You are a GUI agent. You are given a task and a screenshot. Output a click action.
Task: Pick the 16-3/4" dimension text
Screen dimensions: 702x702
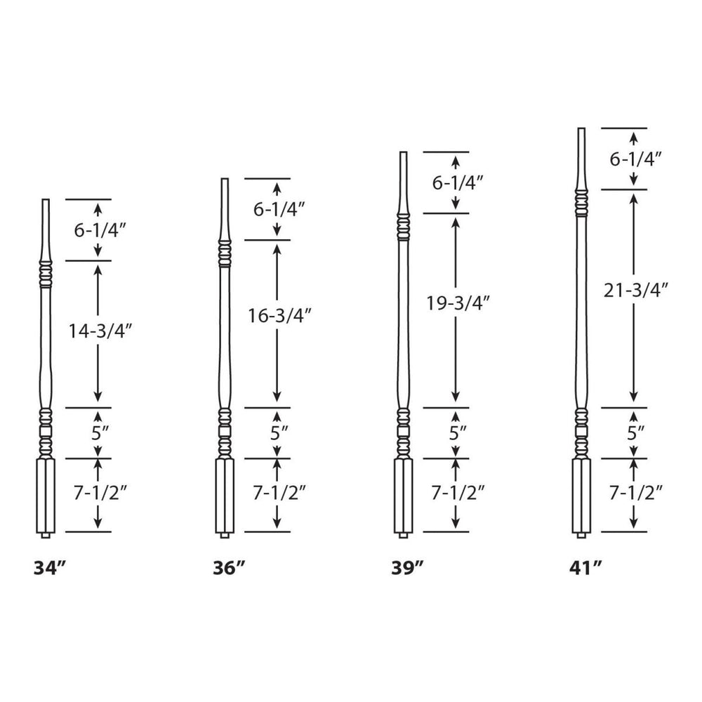[x=278, y=317]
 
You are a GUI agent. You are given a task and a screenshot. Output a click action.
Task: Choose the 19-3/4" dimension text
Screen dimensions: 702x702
[x=457, y=303]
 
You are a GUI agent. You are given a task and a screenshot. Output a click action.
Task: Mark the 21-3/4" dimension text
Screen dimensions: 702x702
[x=635, y=290]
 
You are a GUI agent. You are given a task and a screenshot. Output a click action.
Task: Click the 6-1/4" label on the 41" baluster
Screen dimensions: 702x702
[x=636, y=160]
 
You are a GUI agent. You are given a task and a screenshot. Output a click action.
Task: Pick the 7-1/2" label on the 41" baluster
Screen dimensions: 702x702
[x=636, y=494]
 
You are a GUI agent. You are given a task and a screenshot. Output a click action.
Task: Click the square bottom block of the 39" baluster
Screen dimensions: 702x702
[x=403, y=495]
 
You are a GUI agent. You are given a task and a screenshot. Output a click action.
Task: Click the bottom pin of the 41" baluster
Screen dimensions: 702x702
[x=581, y=536]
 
